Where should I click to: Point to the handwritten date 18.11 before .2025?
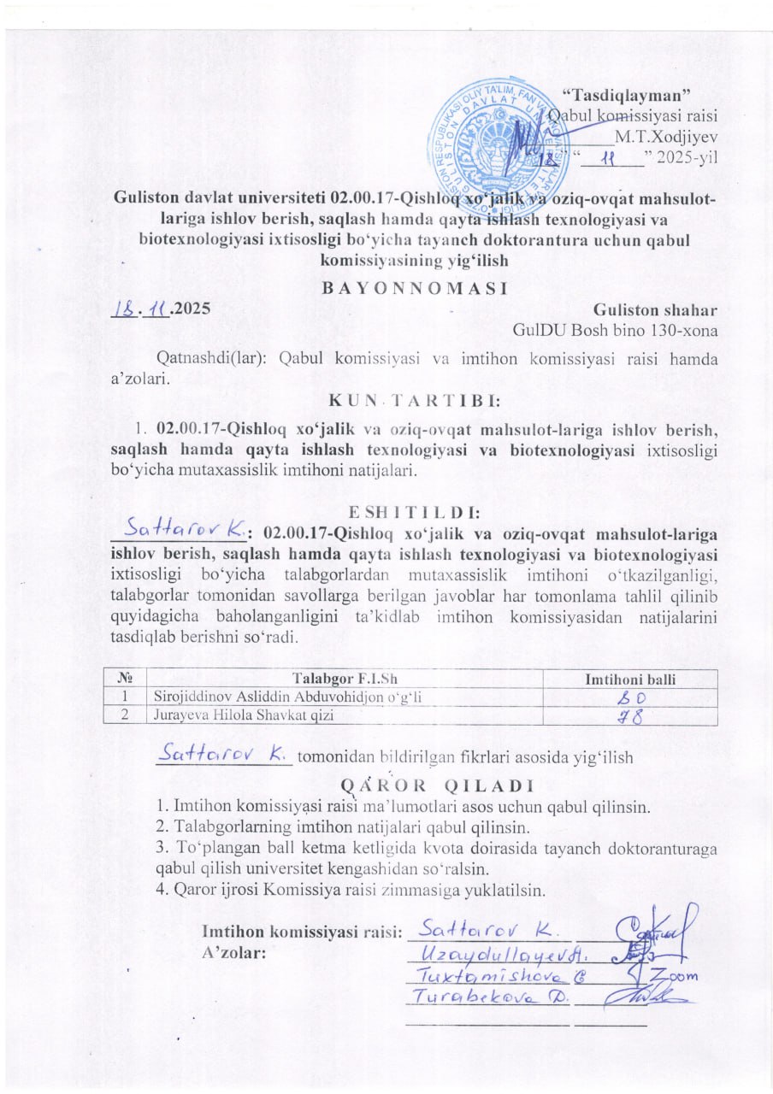(x=140, y=308)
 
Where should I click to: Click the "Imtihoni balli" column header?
(x=629, y=679)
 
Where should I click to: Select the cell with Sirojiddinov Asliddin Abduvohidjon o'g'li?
(x=287, y=697)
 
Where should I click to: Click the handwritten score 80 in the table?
(x=630, y=697)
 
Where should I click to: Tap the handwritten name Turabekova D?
(x=485, y=997)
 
